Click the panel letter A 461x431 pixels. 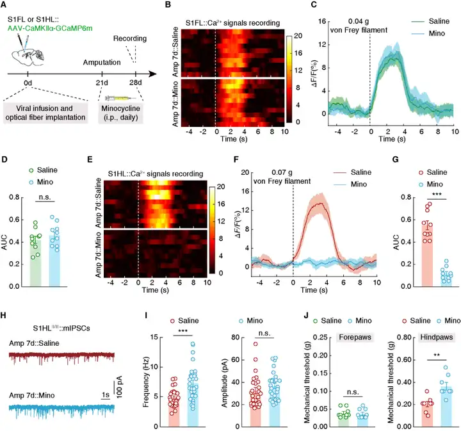pyautogui.click(x=6, y=6)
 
